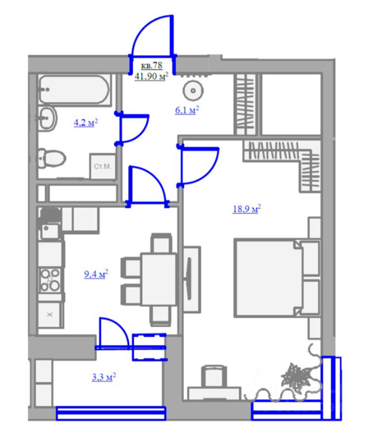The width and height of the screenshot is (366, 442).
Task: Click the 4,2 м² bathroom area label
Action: tap(86, 123)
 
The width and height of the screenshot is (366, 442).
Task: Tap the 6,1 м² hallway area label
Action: tap(187, 110)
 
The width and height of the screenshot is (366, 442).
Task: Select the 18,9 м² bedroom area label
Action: tap(247, 209)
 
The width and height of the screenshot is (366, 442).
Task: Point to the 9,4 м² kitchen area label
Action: tap(96, 273)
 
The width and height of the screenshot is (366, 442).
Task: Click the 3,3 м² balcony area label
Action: tap(104, 377)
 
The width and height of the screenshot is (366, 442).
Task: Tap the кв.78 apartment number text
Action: tap(152, 66)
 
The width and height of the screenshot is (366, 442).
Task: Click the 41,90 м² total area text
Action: tap(151, 76)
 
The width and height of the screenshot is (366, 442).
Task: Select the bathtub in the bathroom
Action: tap(74, 90)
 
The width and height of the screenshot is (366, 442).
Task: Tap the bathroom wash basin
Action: tap(47, 119)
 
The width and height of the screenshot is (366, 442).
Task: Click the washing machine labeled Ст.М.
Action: tap(102, 166)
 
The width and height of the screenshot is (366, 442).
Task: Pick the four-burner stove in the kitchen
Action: tap(50, 280)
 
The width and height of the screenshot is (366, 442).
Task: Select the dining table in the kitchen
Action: tap(159, 279)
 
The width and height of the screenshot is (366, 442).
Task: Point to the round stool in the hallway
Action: tap(193, 90)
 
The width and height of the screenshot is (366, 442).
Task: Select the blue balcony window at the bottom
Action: tap(111, 413)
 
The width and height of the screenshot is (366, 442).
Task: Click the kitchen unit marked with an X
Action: tap(50, 314)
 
